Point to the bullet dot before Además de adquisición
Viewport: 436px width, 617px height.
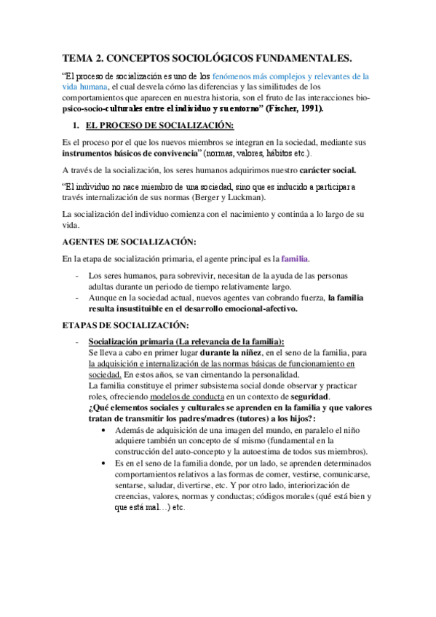[x=108, y=430]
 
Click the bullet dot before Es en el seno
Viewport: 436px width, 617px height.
[x=108, y=463]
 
